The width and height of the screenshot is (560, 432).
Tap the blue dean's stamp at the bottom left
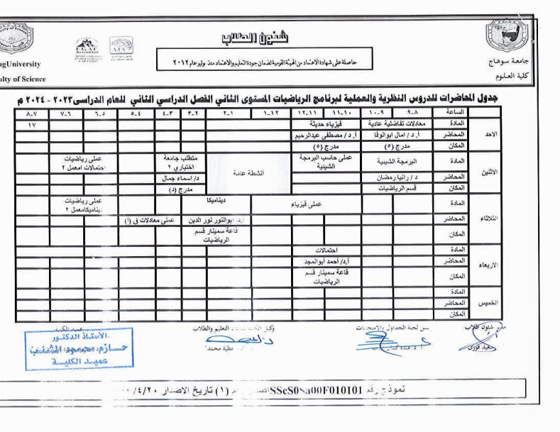[78, 350]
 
